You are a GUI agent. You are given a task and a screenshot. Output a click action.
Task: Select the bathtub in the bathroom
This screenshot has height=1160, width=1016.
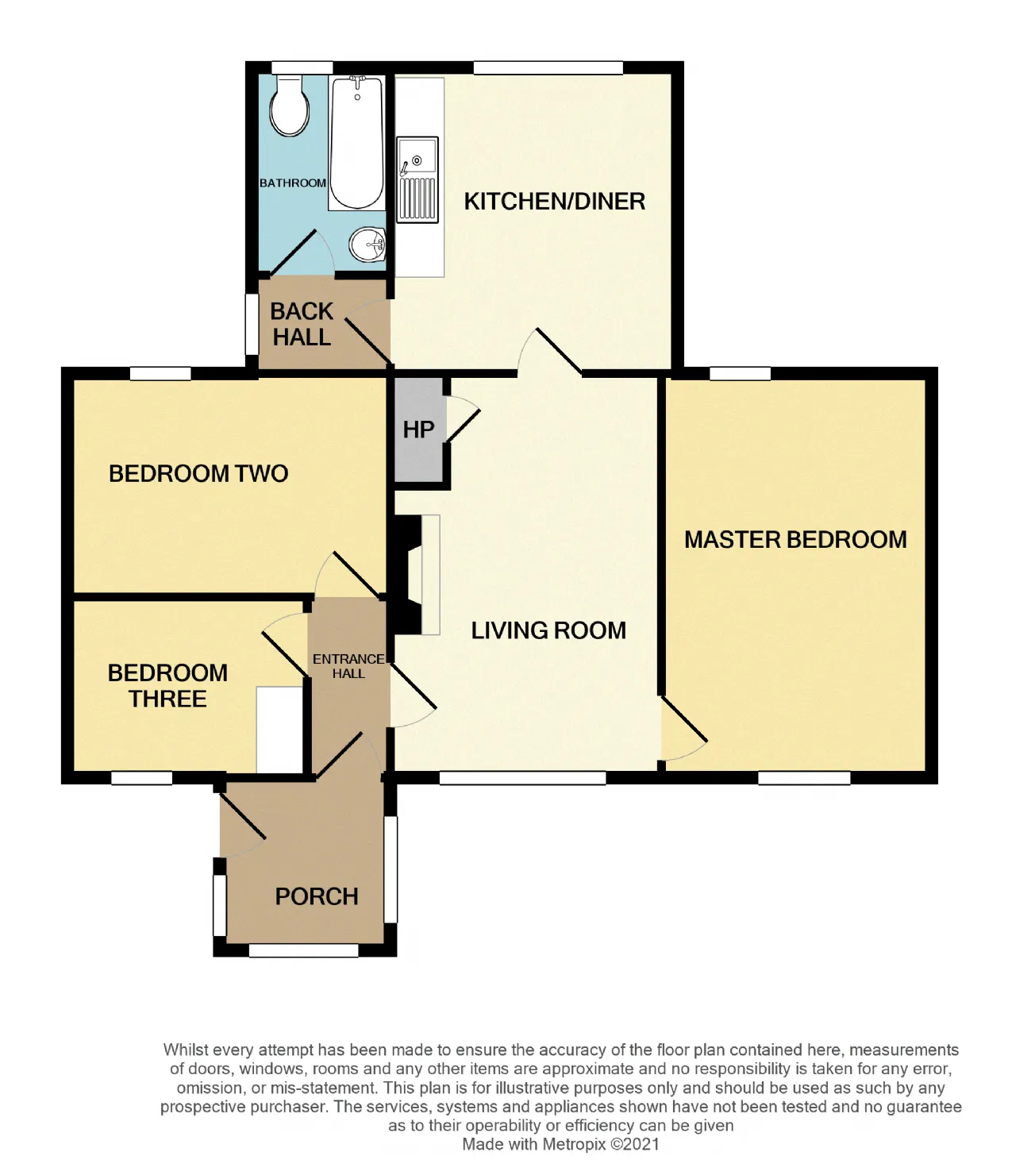[356, 144]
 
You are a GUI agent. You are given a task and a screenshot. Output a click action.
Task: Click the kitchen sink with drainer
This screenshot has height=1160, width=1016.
[418, 179]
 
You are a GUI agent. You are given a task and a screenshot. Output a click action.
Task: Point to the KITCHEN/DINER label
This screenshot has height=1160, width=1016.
[554, 202]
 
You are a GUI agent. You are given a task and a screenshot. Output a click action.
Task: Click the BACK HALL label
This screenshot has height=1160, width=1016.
[302, 324]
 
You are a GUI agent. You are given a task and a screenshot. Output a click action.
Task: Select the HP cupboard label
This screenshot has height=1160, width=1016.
[418, 430]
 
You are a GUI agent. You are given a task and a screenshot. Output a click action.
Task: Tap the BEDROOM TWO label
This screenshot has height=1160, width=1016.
[198, 473]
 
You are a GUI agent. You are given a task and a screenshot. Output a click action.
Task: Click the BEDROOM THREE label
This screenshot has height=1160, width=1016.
[167, 686]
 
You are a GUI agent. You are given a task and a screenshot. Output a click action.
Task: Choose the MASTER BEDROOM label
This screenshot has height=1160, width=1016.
[795, 539]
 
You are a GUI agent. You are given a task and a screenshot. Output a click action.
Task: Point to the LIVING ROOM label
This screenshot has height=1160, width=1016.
[548, 630]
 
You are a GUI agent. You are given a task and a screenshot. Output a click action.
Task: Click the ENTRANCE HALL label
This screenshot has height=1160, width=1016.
[348, 666]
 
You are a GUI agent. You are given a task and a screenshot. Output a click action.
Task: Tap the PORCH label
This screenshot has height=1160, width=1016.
[317, 896]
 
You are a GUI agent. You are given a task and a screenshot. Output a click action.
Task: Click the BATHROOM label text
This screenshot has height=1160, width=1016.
[292, 183]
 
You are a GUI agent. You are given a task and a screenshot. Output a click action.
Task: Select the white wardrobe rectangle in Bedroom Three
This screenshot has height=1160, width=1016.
[279, 729]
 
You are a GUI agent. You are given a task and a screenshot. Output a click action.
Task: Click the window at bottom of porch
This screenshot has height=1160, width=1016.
[303, 950]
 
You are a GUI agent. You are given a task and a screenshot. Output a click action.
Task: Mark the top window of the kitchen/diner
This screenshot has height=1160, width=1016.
[548, 67]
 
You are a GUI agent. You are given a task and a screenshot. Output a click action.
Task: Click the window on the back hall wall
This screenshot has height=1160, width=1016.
[252, 325]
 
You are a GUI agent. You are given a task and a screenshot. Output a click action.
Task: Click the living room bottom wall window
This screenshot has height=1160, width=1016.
[522, 777]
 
